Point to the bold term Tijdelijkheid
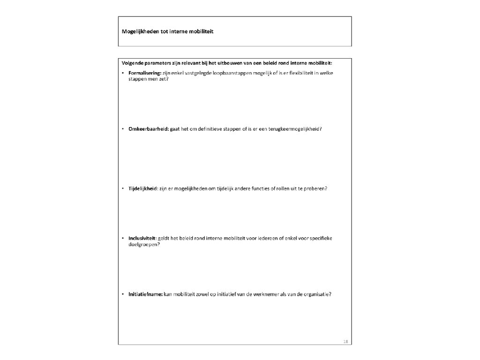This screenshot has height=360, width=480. point(142,188)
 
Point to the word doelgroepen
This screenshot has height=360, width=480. point(143,244)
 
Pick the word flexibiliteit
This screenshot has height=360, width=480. point(297,74)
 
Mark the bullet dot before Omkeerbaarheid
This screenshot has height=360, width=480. point(122,128)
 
